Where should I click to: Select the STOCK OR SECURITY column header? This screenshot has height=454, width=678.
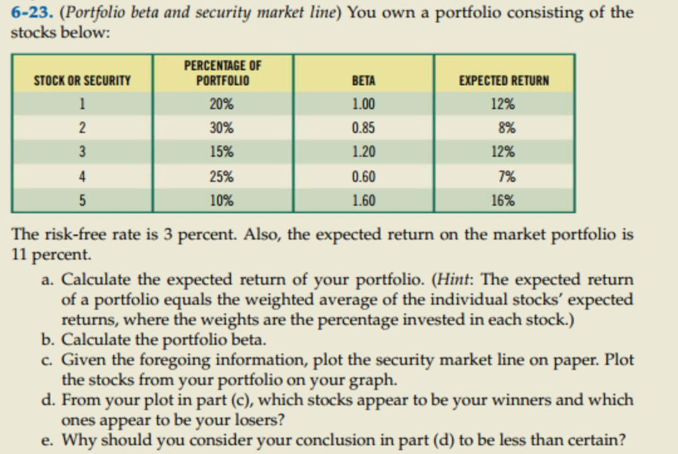tap(82, 81)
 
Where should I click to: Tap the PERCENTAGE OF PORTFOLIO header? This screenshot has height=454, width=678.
tap(222, 73)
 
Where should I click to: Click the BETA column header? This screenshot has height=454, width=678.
tap(364, 81)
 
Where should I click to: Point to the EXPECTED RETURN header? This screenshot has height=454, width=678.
tap(503, 81)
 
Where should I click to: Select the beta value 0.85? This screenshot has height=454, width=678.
tap(364, 128)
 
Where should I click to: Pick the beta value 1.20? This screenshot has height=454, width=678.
tap(364, 152)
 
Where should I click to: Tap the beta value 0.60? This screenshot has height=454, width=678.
tap(364, 177)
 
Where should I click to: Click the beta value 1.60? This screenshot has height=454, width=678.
tap(364, 201)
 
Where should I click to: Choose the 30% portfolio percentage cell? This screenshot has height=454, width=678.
tap(222, 128)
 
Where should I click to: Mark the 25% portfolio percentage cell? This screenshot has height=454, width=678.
tap(222, 177)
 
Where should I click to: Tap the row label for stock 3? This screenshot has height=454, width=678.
tap(82, 152)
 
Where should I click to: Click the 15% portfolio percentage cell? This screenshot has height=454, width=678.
tap(222, 152)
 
